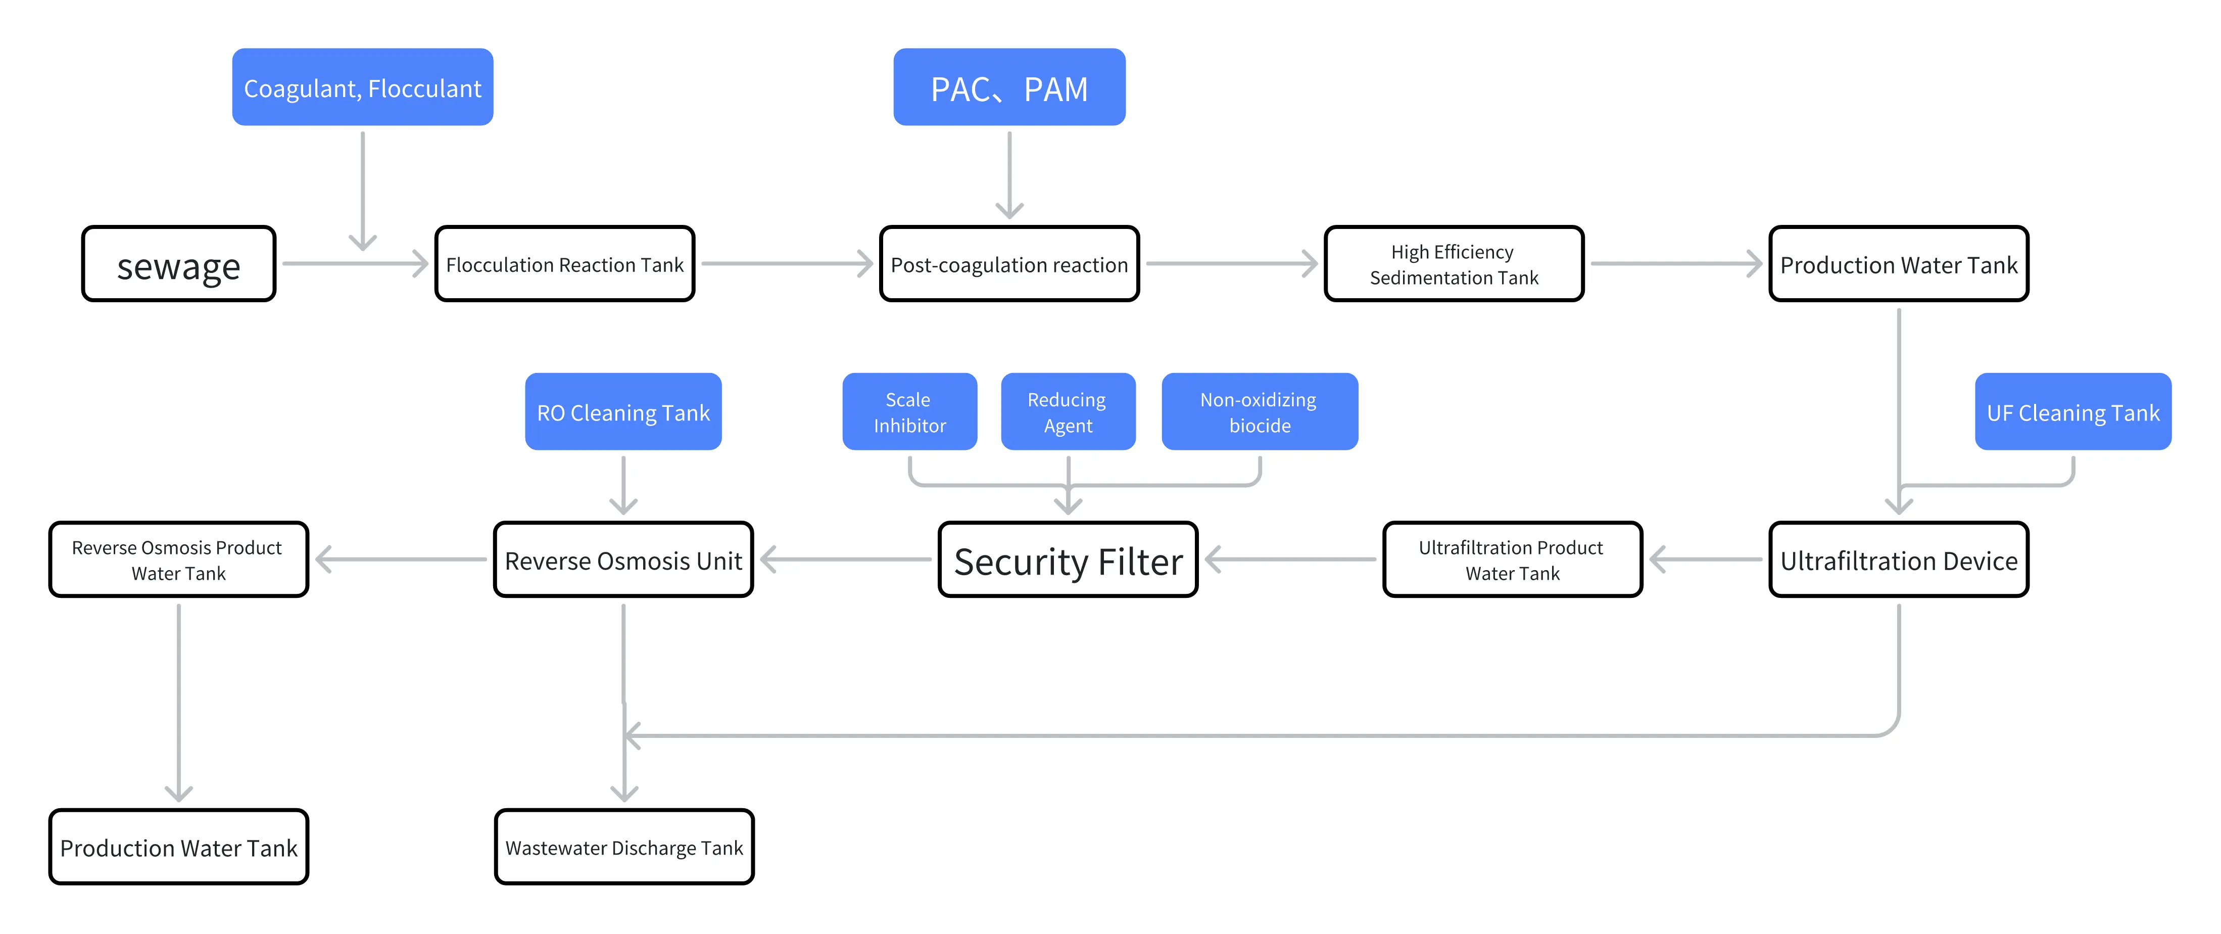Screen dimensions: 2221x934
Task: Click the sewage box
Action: tap(178, 264)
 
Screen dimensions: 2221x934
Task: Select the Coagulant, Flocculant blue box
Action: tap(362, 87)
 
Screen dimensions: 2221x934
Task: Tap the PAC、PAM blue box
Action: tap(1009, 87)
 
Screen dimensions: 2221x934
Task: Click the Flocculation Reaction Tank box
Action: tap(565, 264)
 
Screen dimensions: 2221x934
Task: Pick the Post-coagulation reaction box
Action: tap(1009, 264)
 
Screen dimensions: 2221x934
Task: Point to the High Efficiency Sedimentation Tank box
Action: tap(1454, 264)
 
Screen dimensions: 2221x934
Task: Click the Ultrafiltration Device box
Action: tap(1899, 559)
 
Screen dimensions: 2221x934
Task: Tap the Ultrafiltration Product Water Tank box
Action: tap(1512, 559)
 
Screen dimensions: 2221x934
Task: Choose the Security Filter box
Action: tap(1068, 559)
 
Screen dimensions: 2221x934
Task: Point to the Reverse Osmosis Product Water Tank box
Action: tap(178, 559)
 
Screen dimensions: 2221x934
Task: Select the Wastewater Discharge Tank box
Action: tap(624, 847)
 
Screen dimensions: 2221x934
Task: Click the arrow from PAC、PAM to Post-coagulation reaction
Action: tap(1009, 175)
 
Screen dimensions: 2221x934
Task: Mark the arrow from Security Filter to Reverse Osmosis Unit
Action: tap(846, 559)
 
